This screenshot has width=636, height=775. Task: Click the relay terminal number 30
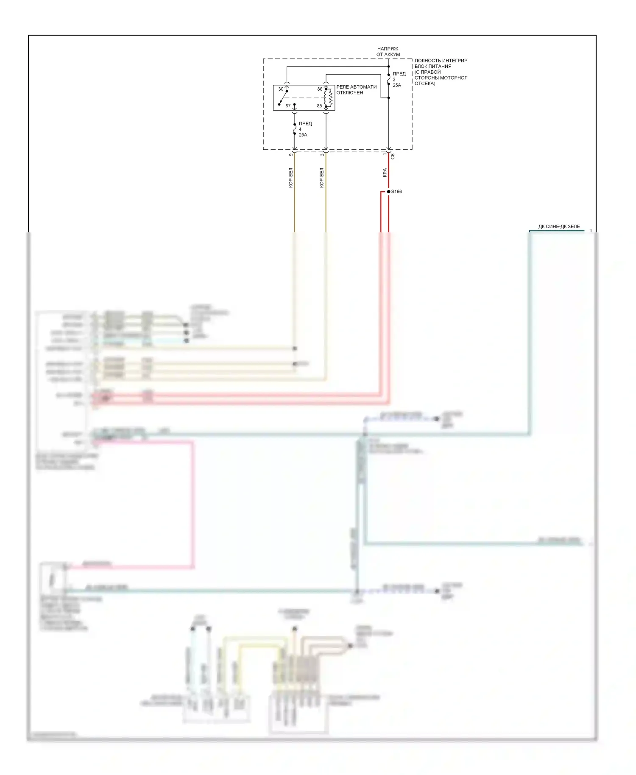coord(281,89)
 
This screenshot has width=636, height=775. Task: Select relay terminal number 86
coord(320,89)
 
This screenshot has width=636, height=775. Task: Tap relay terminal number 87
coord(288,106)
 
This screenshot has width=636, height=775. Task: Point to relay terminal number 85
coord(319,106)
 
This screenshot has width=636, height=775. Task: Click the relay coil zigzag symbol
coord(329,98)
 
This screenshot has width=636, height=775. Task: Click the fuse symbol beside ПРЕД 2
coord(388,79)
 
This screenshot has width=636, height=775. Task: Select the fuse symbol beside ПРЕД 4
coord(295,129)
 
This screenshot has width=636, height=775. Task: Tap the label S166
coord(396,192)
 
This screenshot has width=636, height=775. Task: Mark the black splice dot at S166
coord(388,192)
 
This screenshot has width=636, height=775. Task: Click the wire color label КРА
coord(385,173)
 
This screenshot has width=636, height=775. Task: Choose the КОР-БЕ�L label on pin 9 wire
coord(290,178)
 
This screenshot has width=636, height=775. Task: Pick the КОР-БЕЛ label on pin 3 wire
coord(321,178)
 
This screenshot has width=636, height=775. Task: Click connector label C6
coord(393,156)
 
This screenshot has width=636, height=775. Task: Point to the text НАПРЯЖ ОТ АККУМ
coord(388,52)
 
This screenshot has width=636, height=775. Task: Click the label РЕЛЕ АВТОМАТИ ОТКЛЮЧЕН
coord(356,89)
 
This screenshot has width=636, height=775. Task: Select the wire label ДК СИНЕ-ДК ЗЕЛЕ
coord(559,226)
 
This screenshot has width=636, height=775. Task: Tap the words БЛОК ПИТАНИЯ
coord(433,66)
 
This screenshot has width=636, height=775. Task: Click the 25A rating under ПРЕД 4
coord(303,135)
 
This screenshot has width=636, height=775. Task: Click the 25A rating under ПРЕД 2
coord(397,85)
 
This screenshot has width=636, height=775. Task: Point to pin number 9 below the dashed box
coord(291,154)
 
